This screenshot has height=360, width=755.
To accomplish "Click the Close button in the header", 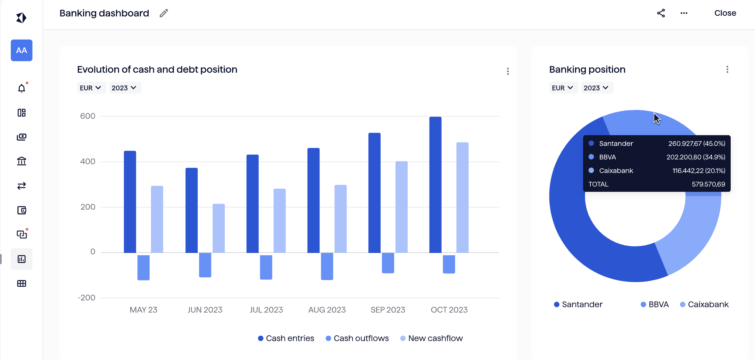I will click(x=725, y=13).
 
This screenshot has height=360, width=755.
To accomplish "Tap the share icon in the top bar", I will click(x=661, y=13).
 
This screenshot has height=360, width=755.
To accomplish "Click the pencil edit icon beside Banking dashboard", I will click(x=164, y=13).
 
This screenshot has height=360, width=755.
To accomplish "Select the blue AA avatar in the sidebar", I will click(x=22, y=50).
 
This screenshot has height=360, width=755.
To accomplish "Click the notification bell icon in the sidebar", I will click(x=22, y=88).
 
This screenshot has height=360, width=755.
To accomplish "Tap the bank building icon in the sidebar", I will click(x=22, y=161).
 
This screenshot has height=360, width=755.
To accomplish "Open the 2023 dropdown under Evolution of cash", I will click(x=124, y=88).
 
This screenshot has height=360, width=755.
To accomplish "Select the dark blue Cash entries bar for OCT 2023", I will click(x=435, y=184).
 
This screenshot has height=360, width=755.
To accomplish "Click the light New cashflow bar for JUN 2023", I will click(x=218, y=228).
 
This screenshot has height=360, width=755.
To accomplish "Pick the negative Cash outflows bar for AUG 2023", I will click(x=327, y=266).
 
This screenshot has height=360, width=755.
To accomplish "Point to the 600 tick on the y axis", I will click(x=88, y=116).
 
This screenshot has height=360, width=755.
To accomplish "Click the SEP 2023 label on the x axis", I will click(x=388, y=310).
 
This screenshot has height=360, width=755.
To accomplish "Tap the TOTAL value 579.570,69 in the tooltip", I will click(x=708, y=184).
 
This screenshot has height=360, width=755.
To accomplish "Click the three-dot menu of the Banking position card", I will click(x=727, y=69).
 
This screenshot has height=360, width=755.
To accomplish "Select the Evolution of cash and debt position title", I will click(x=157, y=69).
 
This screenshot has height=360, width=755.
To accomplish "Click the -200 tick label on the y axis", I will click(x=86, y=298).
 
